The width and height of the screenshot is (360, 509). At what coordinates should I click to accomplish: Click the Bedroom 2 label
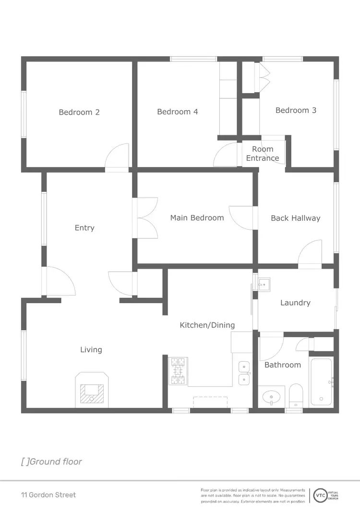point(79,112)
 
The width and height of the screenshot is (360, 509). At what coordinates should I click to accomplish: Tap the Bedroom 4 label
point(178,112)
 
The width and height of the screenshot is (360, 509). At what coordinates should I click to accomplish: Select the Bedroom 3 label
point(296,110)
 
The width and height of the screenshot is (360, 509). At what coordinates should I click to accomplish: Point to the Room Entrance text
point(263,154)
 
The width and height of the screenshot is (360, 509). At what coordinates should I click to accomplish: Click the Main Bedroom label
point(197,218)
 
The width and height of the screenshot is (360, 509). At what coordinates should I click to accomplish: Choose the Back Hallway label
point(295,218)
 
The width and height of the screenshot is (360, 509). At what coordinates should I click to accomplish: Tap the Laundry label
point(295,303)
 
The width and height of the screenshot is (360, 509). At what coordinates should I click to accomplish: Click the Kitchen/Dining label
point(207,325)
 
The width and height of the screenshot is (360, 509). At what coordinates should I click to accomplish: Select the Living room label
point(91,350)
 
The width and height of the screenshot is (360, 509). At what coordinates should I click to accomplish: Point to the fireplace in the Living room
point(92,390)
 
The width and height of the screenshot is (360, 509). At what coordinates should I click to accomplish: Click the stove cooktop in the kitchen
point(178,371)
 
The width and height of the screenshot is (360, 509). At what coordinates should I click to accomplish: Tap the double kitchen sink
point(244,374)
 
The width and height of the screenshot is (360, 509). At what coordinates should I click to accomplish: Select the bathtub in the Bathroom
point(321,382)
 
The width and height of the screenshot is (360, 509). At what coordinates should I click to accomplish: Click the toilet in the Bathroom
point(295,395)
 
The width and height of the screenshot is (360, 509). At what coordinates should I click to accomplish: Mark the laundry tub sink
point(264,284)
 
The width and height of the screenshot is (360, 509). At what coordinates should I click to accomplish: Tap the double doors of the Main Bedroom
point(147,218)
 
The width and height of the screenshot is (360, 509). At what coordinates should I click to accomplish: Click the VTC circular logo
point(319,495)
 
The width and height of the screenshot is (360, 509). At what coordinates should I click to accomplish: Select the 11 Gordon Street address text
point(48,495)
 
